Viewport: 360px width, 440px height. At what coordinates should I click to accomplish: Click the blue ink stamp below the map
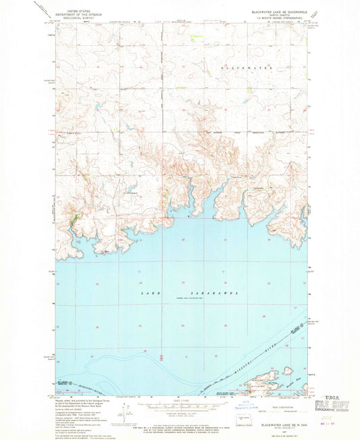(x=261, y=407)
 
